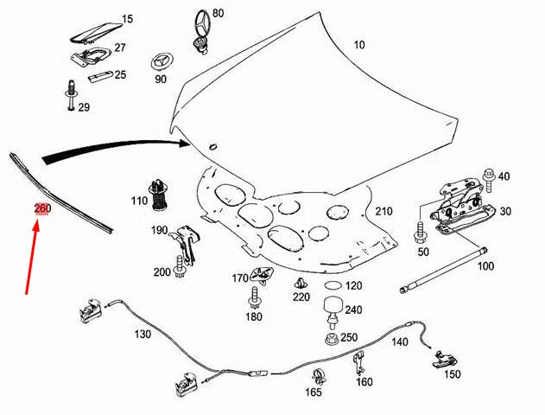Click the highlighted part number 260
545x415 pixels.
[x=42, y=209]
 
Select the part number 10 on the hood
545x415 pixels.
[x=359, y=45]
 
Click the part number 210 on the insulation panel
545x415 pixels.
[x=383, y=212]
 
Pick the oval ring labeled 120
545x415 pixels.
[x=332, y=285]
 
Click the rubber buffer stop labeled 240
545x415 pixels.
[x=331, y=309]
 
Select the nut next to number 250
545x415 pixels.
[x=331, y=337]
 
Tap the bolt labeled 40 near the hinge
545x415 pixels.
[x=489, y=176]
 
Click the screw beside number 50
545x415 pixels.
[x=422, y=233]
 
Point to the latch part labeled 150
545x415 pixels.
[x=445, y=357]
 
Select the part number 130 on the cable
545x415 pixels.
[x=143, y=334]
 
